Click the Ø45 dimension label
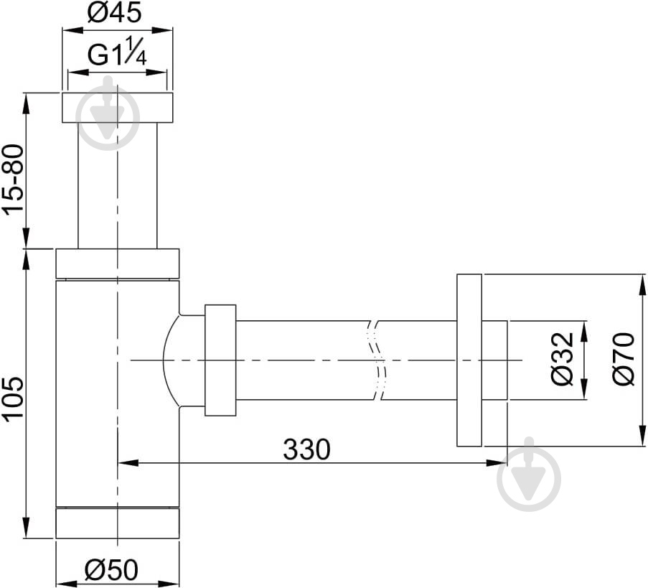click(x=115, y=12)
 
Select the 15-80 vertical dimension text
click(x=14, y=179)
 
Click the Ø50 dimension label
click(x=111, y=571)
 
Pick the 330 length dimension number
click(x=306, y=449)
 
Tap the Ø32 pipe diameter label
click(x=563, y=358)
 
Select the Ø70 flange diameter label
click(x=624, y=358)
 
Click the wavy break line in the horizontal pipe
click(x=377, y=360)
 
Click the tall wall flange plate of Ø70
click(x=469, y=360)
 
